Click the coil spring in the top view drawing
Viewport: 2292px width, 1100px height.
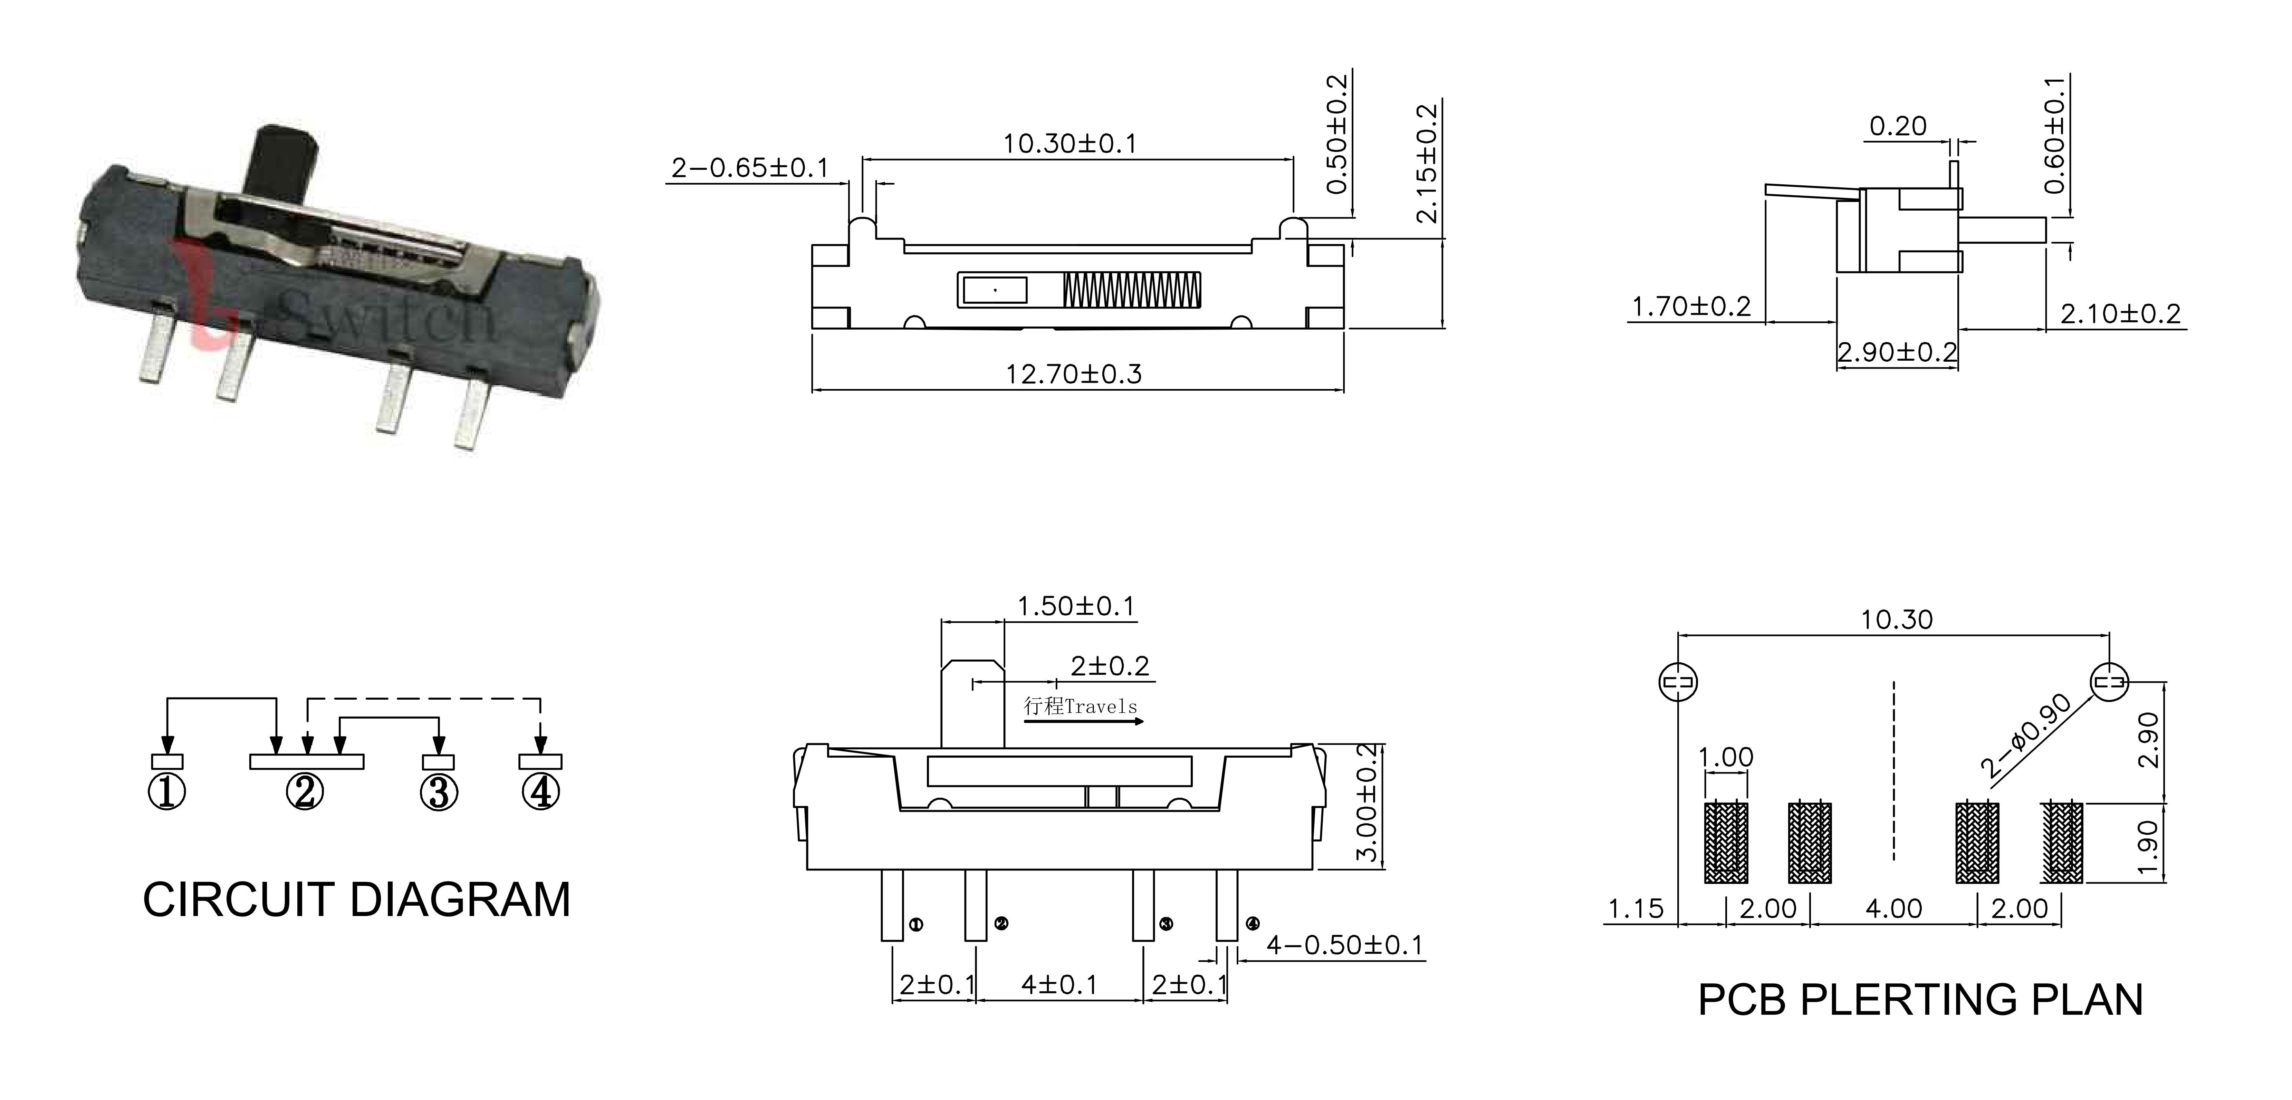(x=1132, y=290)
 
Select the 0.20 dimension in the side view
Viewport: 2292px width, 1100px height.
(x=1898, y=126)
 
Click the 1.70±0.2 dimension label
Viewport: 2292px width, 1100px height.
(x=1690, y=307)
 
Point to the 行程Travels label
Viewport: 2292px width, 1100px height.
(x=1080, y=706)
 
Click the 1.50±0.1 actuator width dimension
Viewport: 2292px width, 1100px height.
(x=1076, y=606)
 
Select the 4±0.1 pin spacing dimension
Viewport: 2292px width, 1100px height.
(x=1059, y=985)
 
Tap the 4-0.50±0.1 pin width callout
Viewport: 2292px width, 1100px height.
(x=1344, y=945)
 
